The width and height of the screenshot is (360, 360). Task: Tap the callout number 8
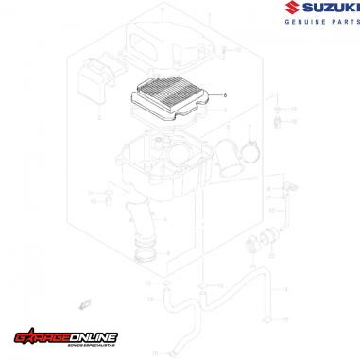(225, 95)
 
